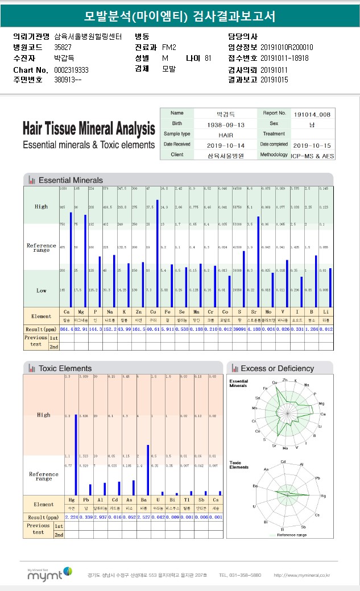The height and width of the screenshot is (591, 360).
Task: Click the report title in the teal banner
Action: (180, 16)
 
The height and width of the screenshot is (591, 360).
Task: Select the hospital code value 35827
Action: (63, 47)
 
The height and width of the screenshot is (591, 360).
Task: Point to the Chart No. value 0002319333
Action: (71, 69)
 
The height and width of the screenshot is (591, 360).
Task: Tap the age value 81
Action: (208, 58)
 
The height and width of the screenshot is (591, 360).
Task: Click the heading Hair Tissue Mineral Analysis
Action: (89, 128)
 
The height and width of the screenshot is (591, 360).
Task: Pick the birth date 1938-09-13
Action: (226, 124)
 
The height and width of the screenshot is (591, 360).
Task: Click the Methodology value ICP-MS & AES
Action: (312, 155)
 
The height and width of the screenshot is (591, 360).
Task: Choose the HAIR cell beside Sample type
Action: (226, 135)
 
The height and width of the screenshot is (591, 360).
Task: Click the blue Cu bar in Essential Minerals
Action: (157, 252)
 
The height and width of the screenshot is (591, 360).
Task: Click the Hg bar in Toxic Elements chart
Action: (76, 455)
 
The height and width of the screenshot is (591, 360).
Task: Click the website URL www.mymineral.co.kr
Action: (301, 575)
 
